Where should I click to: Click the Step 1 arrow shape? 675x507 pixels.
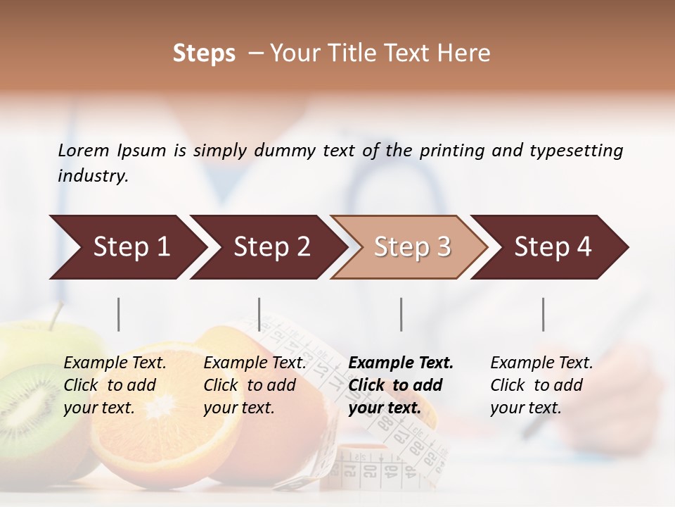click(x=127, y=247)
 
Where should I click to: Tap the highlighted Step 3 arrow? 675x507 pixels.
click(x=411, y=247)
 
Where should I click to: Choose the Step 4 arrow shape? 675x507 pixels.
click(x=553, y=247)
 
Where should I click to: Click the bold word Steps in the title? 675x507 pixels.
click(x=204, y=54)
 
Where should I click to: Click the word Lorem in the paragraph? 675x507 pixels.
click(x=84, y=151)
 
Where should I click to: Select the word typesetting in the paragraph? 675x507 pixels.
click(x=576, y=151)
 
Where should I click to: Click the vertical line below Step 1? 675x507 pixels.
click(x=119, y=314)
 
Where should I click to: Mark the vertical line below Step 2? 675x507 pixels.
click(x=259, y=314)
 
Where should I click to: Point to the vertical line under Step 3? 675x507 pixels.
click(x=401, y=314)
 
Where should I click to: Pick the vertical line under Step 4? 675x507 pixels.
click(x=544, y=314)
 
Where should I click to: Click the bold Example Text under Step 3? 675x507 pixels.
click(x=401, y=363)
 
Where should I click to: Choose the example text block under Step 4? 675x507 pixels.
click(x=541, y=385)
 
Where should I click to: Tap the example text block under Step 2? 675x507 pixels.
click(x=255, y=385)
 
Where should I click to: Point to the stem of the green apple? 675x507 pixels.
click(x=56, y=314)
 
